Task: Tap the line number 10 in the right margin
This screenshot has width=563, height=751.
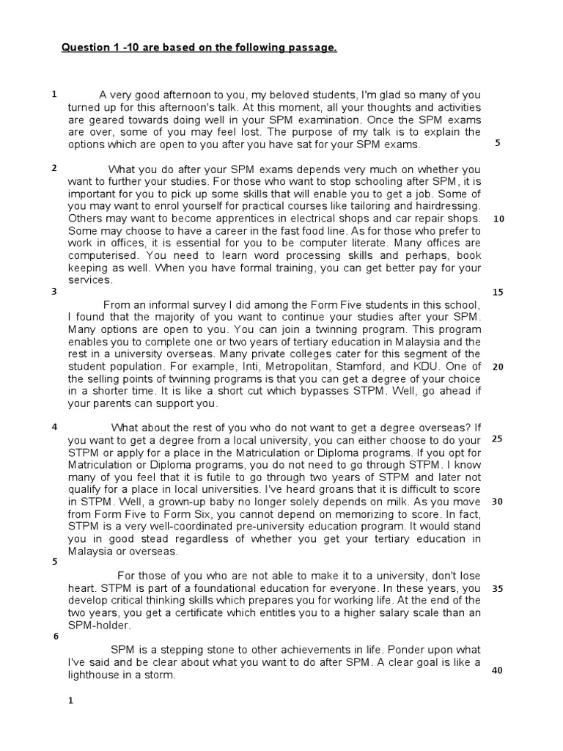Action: [498, 219]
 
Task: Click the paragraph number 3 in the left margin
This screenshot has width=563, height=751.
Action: [54, 291]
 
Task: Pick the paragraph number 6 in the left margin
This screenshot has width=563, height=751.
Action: [56, 636]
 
